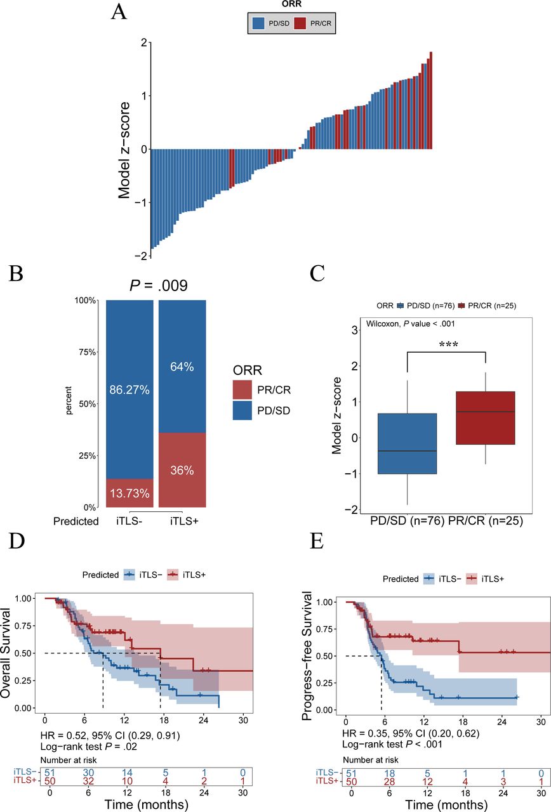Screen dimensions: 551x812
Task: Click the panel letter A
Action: coord(119,12)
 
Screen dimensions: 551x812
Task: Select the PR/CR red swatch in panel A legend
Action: coord(300,23)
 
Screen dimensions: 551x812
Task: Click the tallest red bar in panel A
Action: coord(430,100)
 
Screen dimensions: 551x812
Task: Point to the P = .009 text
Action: coord(159,285)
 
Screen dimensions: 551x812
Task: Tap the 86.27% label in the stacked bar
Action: coord(129,390)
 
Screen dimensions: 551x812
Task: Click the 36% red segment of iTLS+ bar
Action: coord(182,470)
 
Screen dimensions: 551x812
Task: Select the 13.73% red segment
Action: coord(129,493)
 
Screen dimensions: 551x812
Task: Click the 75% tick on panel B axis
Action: coord(88,352)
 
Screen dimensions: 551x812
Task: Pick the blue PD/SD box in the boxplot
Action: coord(407,443)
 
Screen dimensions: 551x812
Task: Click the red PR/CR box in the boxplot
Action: coord(486,417)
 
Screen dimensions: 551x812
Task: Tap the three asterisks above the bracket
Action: coord(448,344)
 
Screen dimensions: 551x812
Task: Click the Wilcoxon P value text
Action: coord(410,324)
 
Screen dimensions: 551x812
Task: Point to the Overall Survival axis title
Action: coord(5,653)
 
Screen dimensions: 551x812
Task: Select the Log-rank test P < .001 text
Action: coord(392,744)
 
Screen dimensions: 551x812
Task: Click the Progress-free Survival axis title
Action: coord(307,655)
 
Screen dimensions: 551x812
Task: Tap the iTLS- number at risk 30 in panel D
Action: coord(88,773)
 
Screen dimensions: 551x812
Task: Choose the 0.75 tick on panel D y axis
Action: coord(23,625)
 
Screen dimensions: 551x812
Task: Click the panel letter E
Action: coord(317,541)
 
